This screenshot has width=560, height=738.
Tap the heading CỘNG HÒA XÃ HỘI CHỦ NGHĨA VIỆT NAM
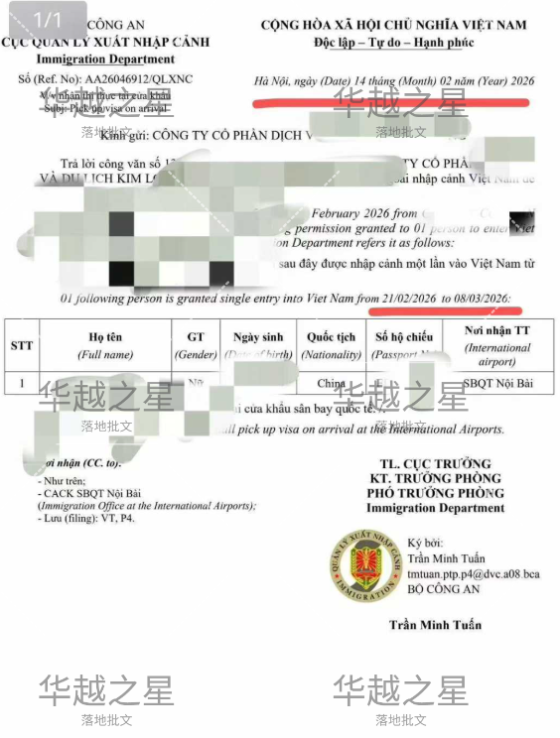click(x=393, y=25)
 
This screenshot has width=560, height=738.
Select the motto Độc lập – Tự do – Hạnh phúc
click(x=393, y=42)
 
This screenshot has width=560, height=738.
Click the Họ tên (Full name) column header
click(x=106, y=345)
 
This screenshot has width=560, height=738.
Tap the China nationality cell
click(x=332, y=383)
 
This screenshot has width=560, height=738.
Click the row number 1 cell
click(x=22, y=383)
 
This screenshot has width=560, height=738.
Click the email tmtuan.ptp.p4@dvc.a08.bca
click(x=474, y=574)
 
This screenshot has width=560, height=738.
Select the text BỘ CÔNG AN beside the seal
click(x=441, y=589)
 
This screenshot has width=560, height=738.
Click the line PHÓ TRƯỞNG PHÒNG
click(x=435, y=493)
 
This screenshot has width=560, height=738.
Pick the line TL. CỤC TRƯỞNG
click(x=435, y=464)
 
